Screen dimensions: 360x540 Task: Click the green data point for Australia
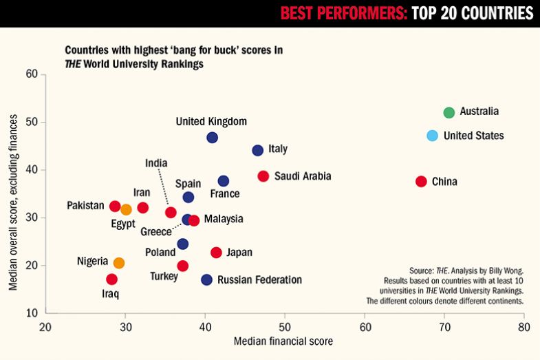tap(449, 112)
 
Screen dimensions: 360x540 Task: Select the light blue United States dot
tap(432, 136)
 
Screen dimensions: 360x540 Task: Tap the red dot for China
tap(421, 182)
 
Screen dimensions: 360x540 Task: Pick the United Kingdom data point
tap(213, 138)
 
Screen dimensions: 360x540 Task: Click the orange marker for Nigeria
tap(119, 263)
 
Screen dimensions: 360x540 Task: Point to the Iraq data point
tap(111, 279)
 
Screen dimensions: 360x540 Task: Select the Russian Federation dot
tap(206, 279)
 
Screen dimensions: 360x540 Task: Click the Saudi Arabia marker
tap(263, 176)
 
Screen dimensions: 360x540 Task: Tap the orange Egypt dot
tap(126, 209)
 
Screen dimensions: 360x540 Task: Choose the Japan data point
tap(216, 253)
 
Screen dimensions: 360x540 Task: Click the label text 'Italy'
tap(278, 149)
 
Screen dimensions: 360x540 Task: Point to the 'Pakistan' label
tap(85, 206)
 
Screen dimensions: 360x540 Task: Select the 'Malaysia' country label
tap(224, 220)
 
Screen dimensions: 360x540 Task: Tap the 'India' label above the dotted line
tap(156, 163)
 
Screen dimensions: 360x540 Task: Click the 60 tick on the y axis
tap(31, 74)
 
